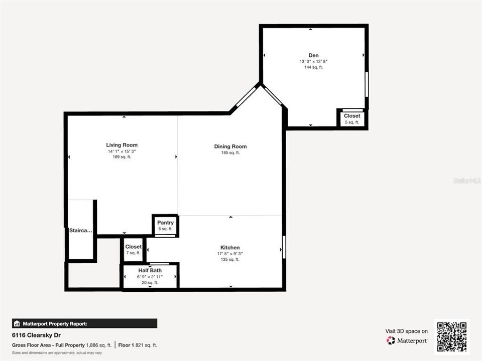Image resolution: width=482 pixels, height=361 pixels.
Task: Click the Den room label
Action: coord(313,55)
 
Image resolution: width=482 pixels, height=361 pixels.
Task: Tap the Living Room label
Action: coord(122,145)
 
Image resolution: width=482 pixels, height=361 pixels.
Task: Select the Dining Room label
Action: coord(230,146)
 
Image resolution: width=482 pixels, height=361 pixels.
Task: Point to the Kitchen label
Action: coord(230,248)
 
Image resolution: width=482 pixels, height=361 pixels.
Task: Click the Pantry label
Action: coord(165,223)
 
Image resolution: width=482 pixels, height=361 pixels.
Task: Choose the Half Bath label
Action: coord(150,270)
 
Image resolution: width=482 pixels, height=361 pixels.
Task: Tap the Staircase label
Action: coord(81,231)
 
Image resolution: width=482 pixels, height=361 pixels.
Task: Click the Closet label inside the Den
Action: coord(352,116)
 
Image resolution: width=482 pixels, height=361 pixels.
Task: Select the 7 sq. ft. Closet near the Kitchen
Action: coord(133,247)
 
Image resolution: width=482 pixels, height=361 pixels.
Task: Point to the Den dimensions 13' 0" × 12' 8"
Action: coord(313,61)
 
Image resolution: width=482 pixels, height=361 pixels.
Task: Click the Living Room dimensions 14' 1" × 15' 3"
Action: coord(122,151)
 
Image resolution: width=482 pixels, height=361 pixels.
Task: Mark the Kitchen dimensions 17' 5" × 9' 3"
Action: coord(230,254)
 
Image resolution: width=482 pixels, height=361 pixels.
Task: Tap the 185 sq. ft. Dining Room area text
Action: coord(230,153)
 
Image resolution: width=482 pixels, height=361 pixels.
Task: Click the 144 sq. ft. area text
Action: coord(313,67)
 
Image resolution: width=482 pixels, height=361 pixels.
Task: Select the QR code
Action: coord(452,336)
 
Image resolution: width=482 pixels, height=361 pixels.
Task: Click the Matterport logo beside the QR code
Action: coord(407,340)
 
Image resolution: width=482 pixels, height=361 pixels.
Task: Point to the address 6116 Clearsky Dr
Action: coord(37,335)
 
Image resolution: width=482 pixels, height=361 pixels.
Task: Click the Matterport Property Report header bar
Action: coord(84,323)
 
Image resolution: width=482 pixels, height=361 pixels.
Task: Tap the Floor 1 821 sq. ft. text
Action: coord(138,345)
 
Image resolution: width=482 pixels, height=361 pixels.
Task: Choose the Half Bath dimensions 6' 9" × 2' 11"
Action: coord(150,277)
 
